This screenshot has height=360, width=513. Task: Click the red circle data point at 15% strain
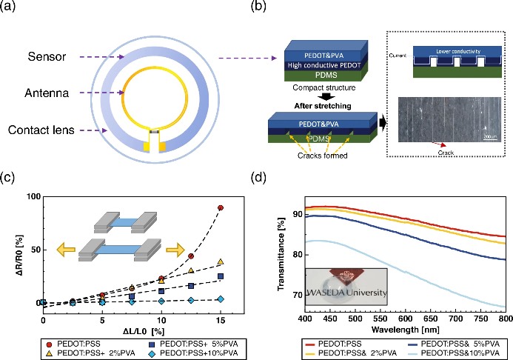pos(220,208)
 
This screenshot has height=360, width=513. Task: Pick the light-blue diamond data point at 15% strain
pos(220,299)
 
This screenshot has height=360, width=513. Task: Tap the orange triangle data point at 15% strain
pos(220,262)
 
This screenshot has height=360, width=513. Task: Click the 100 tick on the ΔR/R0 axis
pos(31,197)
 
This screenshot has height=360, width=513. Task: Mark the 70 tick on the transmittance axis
pos(290,295)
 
